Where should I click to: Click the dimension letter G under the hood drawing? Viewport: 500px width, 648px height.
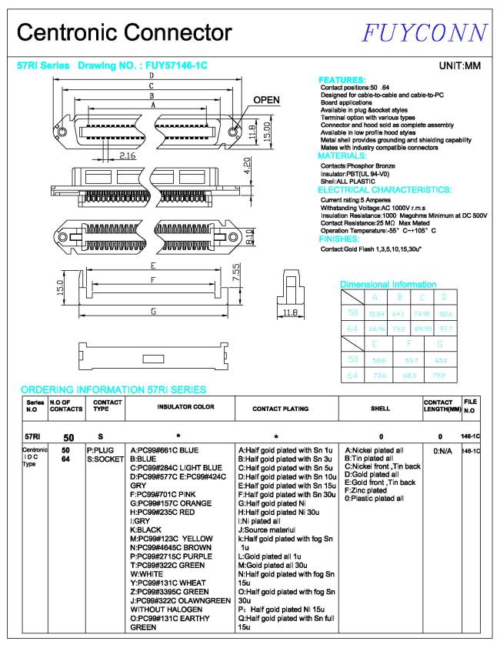pyautogui.click(x=154, y=311)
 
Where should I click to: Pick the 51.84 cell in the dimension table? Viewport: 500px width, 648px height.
pyautogui.click(x=375, y=312)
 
